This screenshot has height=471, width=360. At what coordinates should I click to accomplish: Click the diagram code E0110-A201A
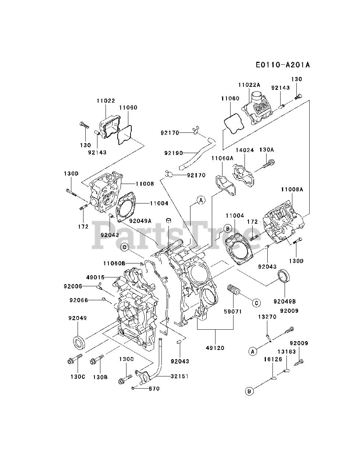point(283,65)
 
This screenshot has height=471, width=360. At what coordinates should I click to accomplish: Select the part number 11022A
point(249,85)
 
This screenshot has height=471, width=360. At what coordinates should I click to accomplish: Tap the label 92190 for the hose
point(174,153)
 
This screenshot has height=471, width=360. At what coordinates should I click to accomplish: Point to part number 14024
point(245,150)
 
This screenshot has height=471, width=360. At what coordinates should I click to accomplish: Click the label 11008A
point(292,189)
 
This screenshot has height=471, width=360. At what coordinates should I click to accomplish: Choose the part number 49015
point(95,277)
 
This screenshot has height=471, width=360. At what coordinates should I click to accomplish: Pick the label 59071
point(233,311)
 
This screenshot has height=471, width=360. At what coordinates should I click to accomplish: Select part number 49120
point(215,348)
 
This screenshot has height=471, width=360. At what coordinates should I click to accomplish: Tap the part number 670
point(154,389)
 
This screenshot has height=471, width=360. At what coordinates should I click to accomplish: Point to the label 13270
point(267,317)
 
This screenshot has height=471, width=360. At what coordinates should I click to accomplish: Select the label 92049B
point(285,301)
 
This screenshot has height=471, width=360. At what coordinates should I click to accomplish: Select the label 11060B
point(114,263)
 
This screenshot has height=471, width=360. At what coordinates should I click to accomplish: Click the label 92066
point(79,300)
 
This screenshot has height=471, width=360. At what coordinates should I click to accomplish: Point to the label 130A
point(267,149)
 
